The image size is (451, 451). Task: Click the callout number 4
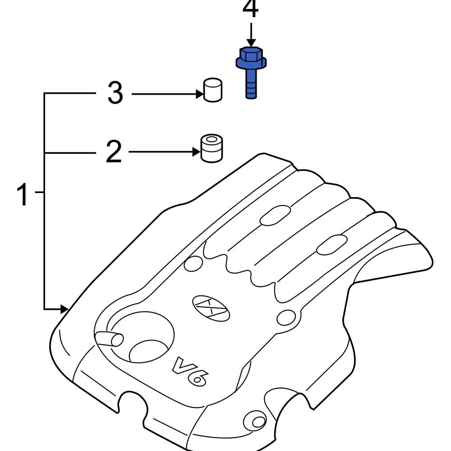coord(250,10)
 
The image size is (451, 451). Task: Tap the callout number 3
coord(115,94)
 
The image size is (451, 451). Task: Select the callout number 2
coord(114,152)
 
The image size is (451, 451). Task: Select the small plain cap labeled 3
coord(212,90)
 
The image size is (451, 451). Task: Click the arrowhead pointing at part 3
coord(198,94)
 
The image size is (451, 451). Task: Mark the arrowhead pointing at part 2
coord(196,152)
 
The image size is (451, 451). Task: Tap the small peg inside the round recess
coord(109,339)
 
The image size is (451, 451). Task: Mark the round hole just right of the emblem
coord(285,318)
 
